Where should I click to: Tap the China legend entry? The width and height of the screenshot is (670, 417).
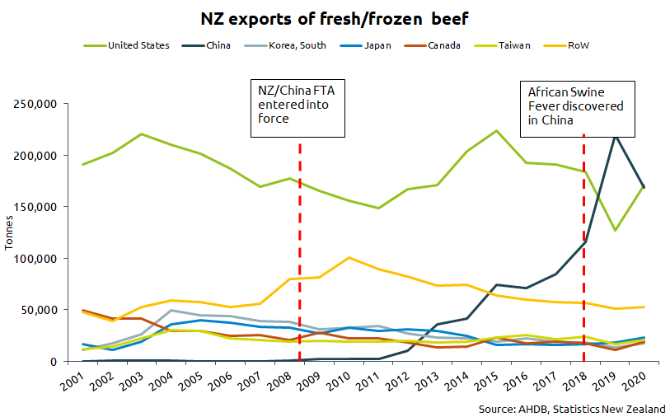point(218,45)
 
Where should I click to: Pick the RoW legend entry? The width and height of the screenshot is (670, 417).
point(577,45)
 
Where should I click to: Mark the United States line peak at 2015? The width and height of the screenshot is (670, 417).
point(496,130)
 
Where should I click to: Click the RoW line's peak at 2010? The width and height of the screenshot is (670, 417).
point(349,258)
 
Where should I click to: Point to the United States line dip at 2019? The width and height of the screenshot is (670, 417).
point(615,230)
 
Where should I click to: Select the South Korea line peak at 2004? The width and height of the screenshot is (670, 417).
point(171,311)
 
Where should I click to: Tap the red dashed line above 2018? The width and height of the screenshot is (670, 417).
point(584,247)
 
